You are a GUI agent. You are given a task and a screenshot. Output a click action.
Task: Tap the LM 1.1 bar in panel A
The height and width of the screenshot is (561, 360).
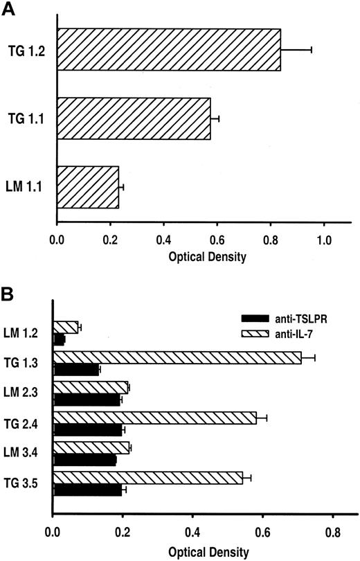[x=87, y=187]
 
